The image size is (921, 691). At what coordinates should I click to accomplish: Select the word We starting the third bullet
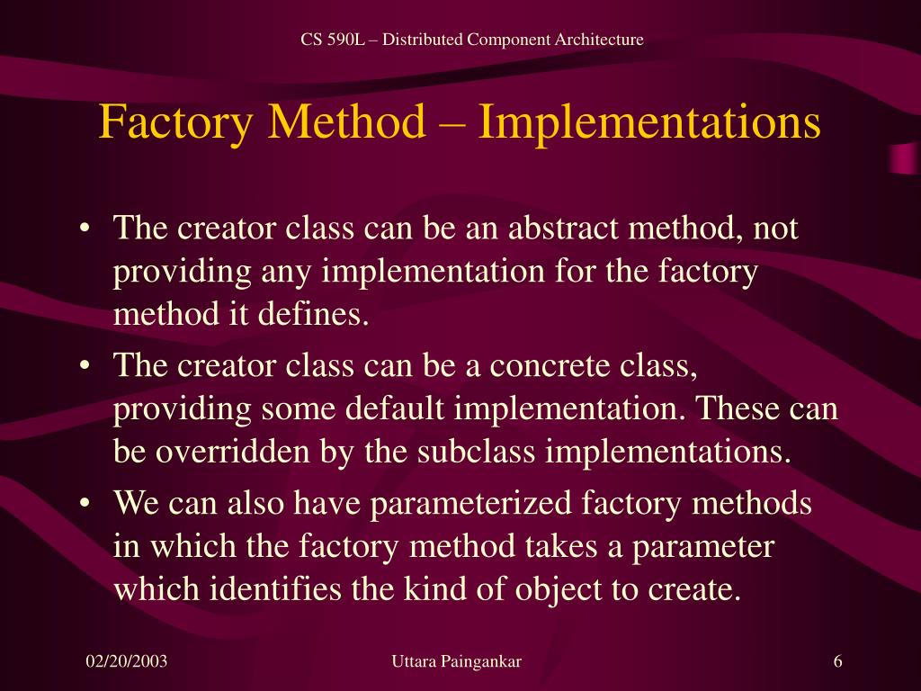click(x=134, y=504)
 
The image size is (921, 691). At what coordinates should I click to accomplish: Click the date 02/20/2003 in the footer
click(x=127, y=662)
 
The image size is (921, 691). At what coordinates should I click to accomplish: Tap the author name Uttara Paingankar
click(x=457, y=662)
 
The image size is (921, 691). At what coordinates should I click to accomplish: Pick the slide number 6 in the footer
click(x=838, y=662)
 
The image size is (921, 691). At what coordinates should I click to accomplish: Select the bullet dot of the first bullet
click(x=85, y=229)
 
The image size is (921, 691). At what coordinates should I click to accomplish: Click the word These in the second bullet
click(x=734, y=409)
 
